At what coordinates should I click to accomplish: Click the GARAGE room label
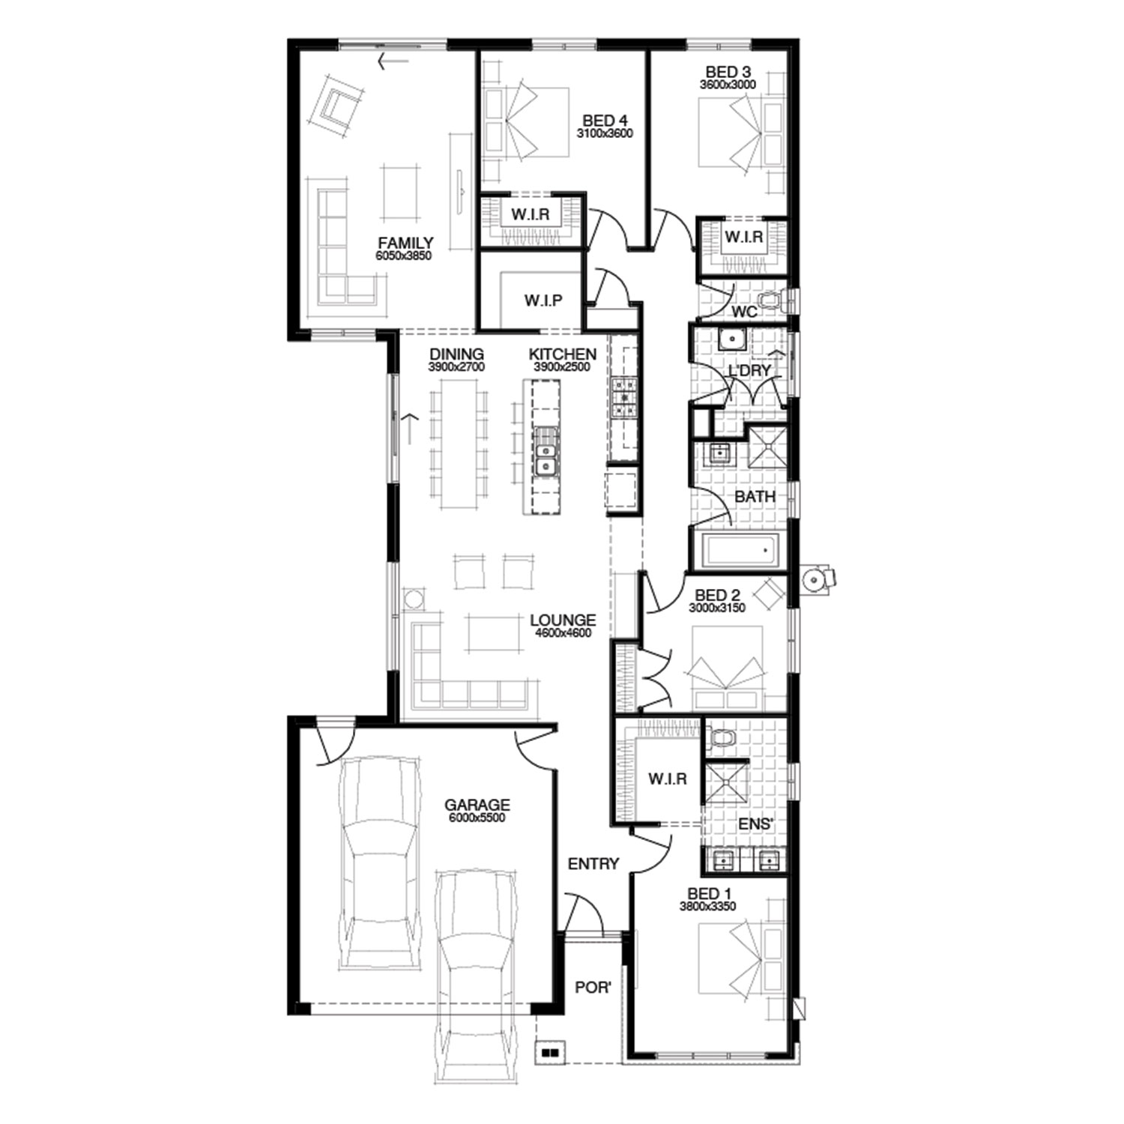477,805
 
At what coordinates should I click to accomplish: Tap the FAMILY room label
405,243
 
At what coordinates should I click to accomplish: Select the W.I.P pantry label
543,300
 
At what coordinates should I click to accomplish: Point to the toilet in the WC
772,301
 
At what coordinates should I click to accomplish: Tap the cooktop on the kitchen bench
623,397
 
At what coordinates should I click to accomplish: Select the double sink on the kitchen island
546,452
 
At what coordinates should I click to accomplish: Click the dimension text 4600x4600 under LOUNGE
563,633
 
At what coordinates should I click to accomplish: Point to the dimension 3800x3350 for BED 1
708,906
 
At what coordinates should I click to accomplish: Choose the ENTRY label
593,864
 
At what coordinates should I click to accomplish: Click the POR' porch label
593,988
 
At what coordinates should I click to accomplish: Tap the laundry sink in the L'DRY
729,339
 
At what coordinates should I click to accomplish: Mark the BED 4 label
605,121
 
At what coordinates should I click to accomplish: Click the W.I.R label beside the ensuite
668,779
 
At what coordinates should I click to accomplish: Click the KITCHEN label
563,354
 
